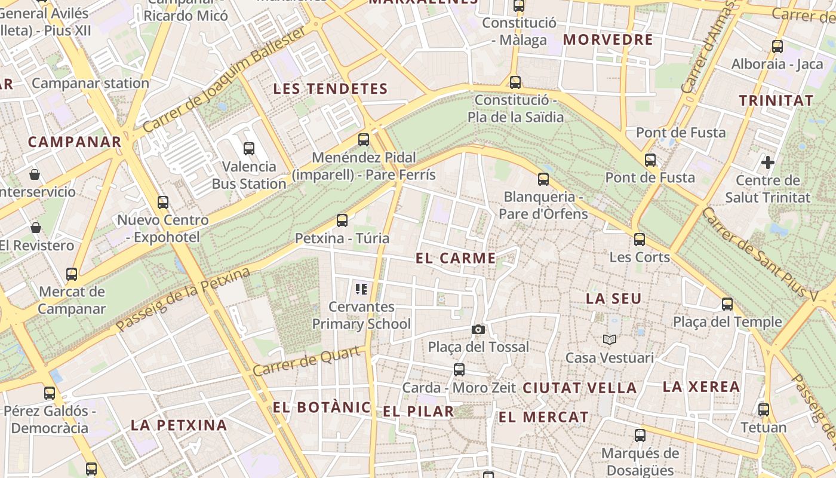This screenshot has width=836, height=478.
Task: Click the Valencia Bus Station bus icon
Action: [249, 149]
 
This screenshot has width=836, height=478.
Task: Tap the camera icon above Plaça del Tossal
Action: [478, 329]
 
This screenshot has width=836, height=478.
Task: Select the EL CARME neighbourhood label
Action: [456, 258]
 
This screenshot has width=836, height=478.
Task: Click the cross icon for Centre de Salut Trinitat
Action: [768, 162]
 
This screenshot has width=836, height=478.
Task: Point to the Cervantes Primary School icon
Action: [361, 290]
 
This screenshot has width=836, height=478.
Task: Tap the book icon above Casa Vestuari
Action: [609, 340]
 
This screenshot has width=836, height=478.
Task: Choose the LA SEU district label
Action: [614, 299]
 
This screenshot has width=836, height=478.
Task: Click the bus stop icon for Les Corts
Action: [640, 240]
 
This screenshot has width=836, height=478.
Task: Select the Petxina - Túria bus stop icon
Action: [342, 220]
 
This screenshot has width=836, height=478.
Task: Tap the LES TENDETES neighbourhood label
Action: [330, 89]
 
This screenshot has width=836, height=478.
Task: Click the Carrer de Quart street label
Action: [308, 361]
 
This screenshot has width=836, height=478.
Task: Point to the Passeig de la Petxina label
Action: [183, 301]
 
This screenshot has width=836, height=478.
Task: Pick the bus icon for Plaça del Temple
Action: [727, 304]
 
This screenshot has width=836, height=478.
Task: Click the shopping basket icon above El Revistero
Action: [36, 228]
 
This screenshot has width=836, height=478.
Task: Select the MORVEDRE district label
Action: [608, 40]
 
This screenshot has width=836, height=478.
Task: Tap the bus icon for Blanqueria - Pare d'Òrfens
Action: [543, 179]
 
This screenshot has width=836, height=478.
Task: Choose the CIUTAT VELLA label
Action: [580, 388]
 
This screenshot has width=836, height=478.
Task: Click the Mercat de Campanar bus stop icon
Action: [72, 274]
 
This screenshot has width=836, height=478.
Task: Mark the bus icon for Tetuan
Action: [764, 410]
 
